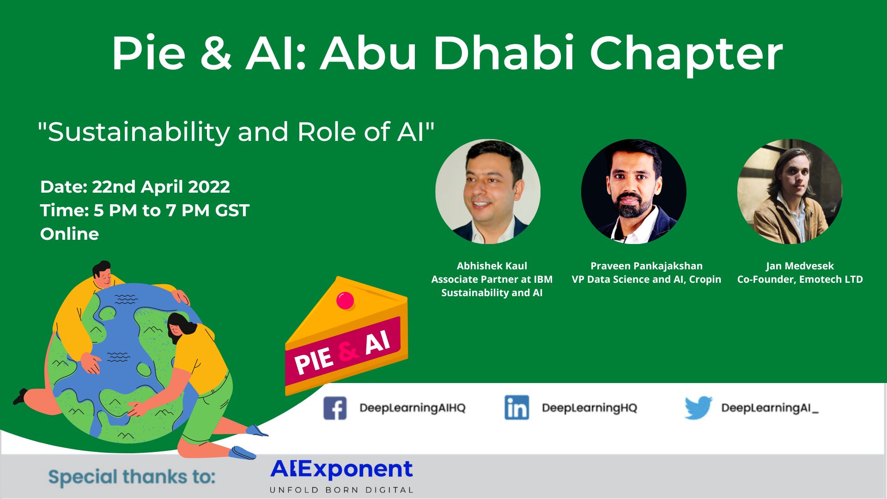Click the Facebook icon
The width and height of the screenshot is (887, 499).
click(x=335, y=408)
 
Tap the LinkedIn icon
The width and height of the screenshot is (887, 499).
click(x=516, y=408)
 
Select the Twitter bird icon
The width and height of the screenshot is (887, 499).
click(x=698, y=408)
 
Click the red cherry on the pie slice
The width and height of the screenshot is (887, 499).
click(x=345, y=300)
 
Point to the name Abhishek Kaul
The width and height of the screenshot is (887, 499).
click(x=492, y=266)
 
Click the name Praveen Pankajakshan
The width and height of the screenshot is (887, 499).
click(x=646, y=266)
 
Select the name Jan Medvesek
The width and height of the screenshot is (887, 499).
click(x=800, y=266)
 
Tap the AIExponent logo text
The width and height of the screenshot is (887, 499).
click(x=341, y=469)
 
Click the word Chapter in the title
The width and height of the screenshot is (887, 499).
click(x=686, y=54)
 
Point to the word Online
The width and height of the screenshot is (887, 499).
click(x=69, y=234)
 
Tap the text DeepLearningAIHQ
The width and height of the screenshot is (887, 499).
click(x=413, y=408)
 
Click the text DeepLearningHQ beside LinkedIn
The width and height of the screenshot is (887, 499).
click(x=589, y=408)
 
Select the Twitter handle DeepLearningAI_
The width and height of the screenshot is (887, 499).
click(x=770, y=408)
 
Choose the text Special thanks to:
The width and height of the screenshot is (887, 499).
click(x=132, y=477)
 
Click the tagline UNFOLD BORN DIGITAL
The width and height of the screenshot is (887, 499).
click(x=341, y=490)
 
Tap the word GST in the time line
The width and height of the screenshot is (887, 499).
click(x=232, y=210)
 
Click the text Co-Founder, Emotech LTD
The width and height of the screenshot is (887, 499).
click(x=800, y=280)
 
